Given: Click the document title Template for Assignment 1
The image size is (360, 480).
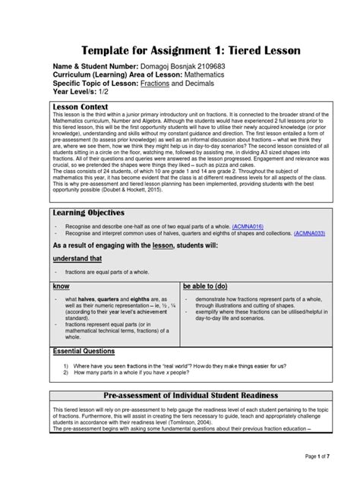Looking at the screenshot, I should point(180,50).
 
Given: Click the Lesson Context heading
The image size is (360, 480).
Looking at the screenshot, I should point(82,107).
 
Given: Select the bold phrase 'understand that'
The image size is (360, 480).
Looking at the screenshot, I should point(77,259).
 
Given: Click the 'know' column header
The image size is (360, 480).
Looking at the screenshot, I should point(61,287).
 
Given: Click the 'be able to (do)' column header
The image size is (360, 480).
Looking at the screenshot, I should point(207,287).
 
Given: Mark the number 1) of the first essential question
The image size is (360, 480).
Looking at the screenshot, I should point(67,366).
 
